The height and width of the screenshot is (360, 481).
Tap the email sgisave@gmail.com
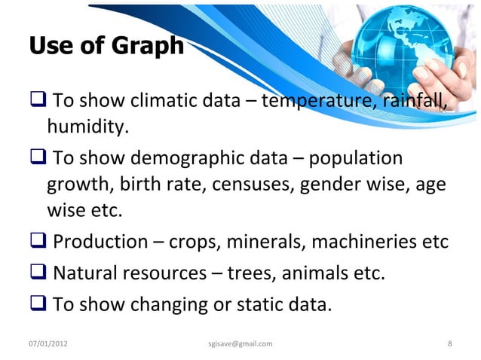pos(240,344)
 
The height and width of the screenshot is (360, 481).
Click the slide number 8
pos(450,344)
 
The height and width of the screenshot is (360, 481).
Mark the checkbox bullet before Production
pos(38,243)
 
